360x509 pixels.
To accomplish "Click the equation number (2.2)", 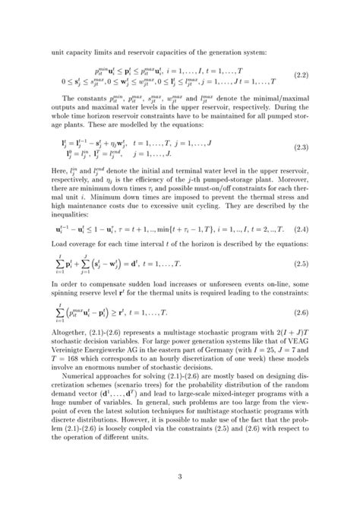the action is pyautogui.click(x=299, y=75).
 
